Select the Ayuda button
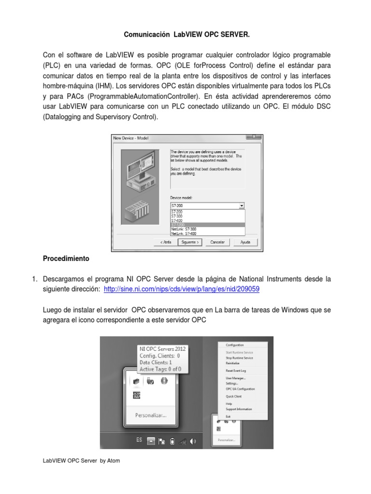coord(245,242)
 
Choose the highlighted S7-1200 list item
coord(207,225)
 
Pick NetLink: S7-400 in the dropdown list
coord(207,233)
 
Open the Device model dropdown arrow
coord(242,206)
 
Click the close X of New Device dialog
coord(259,137)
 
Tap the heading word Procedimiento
coord(66,259)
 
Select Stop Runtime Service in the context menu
coord(239,358)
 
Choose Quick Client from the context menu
coord(233,396)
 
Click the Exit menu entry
coord(228,416)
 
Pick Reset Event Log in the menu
coord(236,370)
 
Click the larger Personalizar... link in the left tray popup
coord(151,414)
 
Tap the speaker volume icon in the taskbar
coord(193,440)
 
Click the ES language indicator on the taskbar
coord(139,440)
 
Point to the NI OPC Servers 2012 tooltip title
coord(162,349)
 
